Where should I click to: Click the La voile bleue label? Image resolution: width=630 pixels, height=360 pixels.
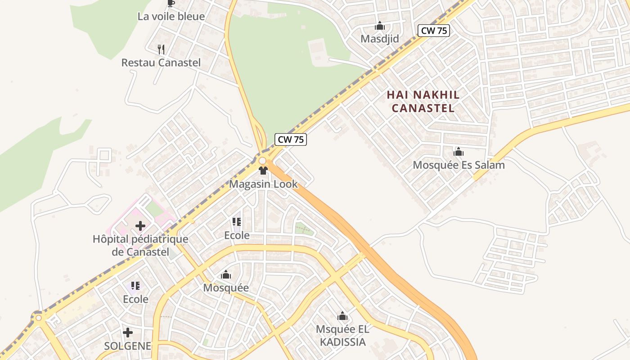click(x=171, y=17)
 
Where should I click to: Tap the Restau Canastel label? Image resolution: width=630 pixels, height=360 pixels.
click(x=161, y=63)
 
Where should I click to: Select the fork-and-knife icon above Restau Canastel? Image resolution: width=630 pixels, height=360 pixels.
click(x=161, y=49)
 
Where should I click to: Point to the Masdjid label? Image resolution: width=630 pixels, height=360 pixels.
click(x=380, y=39)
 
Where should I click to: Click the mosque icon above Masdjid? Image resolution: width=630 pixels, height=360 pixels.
click(x=380, y=26)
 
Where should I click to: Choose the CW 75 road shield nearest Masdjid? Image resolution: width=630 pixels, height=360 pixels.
click(x=434, y=31)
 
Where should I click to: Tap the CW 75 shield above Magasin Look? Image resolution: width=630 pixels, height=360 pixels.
click(x=291, y=139)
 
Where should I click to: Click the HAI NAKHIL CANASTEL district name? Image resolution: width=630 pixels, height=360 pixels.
click(x=423, y=101)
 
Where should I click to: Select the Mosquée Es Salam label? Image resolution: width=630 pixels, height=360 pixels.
click(x=459, y=165)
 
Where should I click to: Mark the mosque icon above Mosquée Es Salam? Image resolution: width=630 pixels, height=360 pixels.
click(x=459, y=152)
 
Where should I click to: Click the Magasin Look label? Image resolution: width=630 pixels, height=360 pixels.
click(x=263, y=184)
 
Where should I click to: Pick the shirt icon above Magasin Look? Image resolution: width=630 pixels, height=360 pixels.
click(x=263, y=171)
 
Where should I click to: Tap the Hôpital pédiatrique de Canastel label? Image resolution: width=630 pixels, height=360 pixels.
click(x=140, y=245)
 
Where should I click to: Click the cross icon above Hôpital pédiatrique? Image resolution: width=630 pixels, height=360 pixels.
click(x=140, y=225)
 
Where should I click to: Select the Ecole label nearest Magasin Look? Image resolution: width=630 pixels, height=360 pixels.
click(x=237, y=235)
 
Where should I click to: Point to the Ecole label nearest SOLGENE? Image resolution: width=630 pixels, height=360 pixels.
click(x=135, y=299)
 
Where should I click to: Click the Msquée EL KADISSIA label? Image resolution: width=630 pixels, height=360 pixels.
click(x=342, y=335)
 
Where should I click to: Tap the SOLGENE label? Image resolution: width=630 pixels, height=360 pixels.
click(x=128, y=346)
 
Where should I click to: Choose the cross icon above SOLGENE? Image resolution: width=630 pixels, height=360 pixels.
click(x=128, y=333)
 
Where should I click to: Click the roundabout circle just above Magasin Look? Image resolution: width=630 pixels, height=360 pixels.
click(x=262, y=161)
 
